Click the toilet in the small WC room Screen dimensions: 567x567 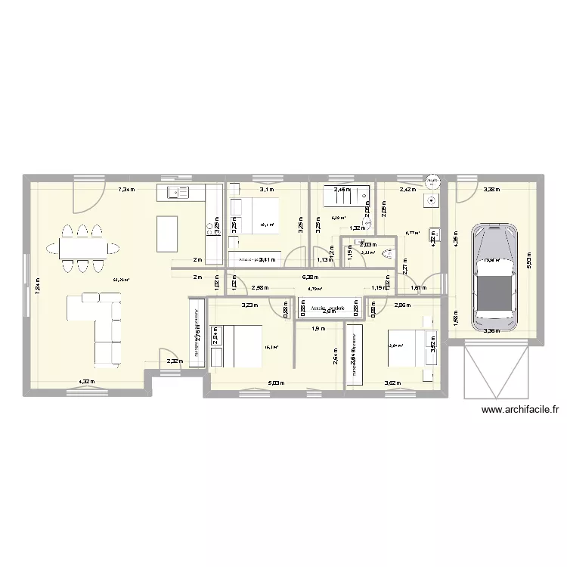[x=390, y=253]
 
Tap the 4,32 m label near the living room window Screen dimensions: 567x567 [x=84, y=382]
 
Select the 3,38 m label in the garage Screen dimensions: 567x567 [x=492, y=190]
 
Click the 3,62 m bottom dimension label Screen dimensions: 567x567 [x=392, y=383]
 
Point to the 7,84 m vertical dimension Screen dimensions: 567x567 [x=36, y=285]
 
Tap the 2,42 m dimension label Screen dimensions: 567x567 [x=407, y=190]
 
